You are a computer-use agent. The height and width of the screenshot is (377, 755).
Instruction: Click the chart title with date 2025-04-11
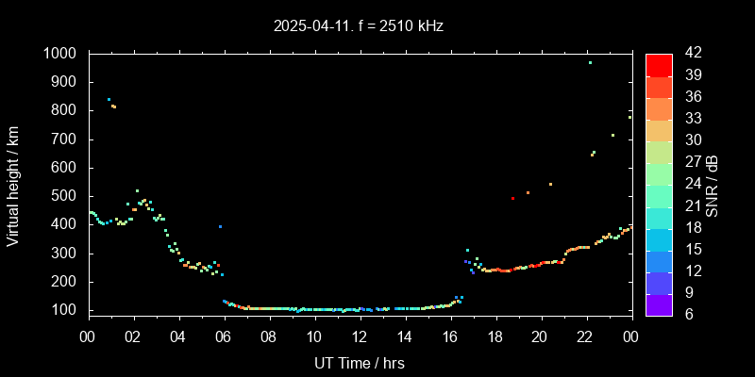point(359,25)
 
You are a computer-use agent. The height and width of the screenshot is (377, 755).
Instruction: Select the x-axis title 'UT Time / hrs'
point(359,362)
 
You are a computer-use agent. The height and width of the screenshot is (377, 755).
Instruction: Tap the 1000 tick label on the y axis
point(60,54)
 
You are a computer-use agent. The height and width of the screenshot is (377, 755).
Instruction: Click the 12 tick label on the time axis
point(360,336)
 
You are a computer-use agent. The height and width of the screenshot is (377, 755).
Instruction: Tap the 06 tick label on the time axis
point(224,336)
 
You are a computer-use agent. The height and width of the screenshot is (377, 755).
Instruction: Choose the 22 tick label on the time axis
point(585,336)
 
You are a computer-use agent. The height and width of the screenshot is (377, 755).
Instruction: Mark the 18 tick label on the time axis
point(495,336)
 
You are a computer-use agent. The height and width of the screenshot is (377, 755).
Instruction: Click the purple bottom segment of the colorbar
point(659,303)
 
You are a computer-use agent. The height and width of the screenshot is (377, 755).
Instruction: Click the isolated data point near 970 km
point(590,62)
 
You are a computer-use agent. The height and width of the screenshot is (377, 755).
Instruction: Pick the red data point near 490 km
point(512,198)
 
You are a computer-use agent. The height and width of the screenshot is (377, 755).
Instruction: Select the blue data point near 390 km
point(220,226)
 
